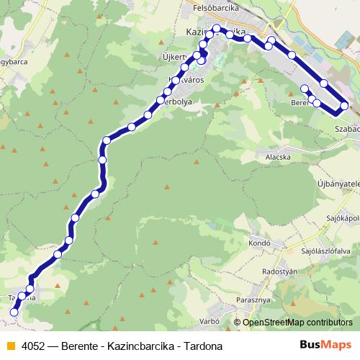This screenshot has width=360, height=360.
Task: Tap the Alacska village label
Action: (278, 156)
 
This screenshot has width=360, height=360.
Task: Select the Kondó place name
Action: (259, 243)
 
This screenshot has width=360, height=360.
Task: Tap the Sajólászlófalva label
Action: (326, 251)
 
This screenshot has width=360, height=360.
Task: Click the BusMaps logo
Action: (325, 346)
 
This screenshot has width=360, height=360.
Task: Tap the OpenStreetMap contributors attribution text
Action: (297, 323)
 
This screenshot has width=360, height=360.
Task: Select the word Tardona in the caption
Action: (203, 346)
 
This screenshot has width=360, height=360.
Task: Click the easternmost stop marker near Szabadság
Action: (344, 106)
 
